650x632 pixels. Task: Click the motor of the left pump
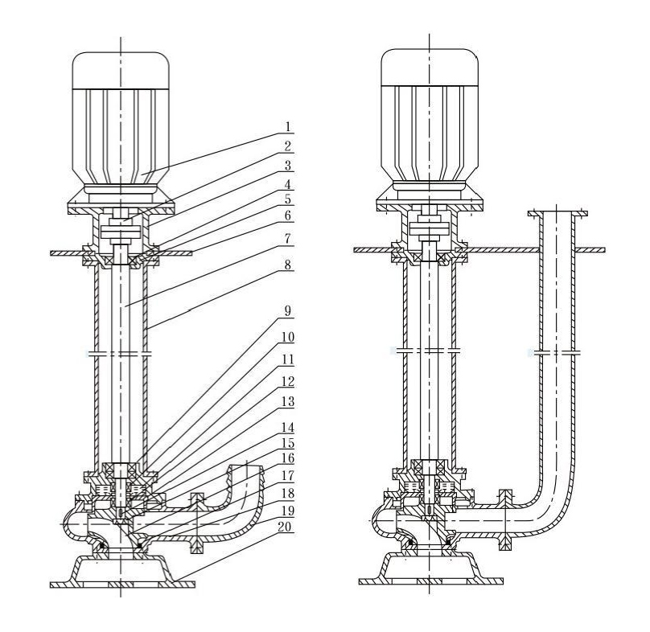tap(121, 121)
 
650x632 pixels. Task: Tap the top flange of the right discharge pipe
tap(556, 213)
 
